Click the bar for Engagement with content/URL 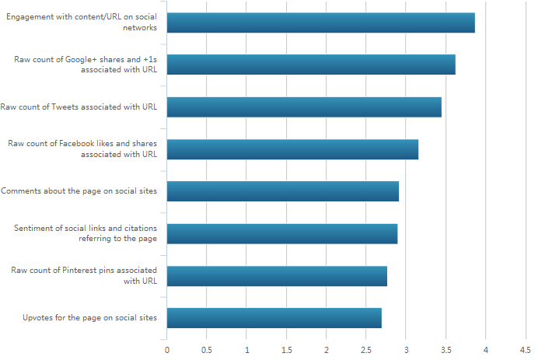point(320,23)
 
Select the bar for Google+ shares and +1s point(311,65)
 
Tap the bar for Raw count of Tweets point(304,107)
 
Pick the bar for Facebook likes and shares point(292,149)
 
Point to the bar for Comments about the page point(283,190)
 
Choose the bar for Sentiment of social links point(282,233)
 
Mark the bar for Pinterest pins point(277,275)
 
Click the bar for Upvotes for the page point(274,317)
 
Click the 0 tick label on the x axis point(167,350)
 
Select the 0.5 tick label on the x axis point(207,350)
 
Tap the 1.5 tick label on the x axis point(286,350)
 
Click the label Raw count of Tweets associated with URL point(79,107)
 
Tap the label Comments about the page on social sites point(79,190)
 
